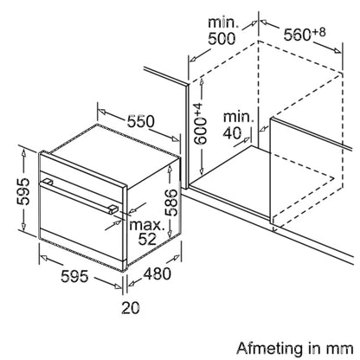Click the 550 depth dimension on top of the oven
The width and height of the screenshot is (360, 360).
(141, 121)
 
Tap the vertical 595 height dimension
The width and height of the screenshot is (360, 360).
(23, 191)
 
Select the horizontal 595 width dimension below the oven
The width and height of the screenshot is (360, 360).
(74, 276)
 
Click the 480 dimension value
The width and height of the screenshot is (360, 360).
(157, 273)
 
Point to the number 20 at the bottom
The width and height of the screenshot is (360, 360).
(131, 307)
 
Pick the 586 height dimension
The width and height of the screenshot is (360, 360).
(170, 202)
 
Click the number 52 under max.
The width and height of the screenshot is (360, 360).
(147, 239)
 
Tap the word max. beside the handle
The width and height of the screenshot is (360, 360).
(146, 225)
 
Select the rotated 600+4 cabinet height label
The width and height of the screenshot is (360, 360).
(201, 124)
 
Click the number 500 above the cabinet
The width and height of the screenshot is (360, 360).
(222, 38)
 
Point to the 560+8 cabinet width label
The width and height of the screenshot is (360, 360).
(305, 34)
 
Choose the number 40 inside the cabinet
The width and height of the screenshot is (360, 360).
(233, 132)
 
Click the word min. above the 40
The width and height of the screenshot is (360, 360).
(239, 117)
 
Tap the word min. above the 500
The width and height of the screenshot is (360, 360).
(223, 22)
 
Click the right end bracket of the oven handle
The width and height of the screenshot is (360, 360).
(113, 209)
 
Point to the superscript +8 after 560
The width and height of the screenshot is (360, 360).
(319, 32)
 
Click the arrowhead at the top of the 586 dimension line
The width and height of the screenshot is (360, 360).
(170, 169)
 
